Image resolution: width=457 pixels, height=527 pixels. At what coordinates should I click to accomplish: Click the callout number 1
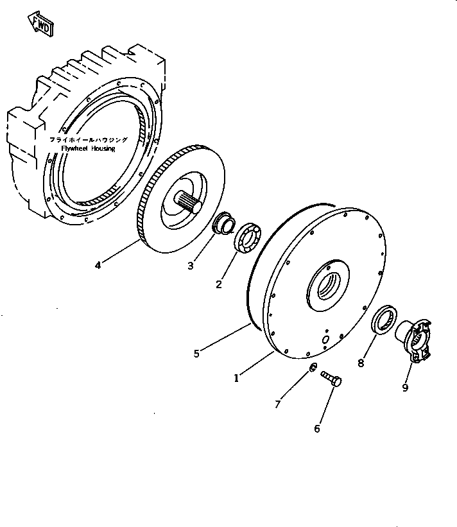click(237, 378)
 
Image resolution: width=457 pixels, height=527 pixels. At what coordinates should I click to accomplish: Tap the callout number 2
click(219, 284)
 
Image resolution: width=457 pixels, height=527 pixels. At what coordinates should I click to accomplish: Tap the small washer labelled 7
click(311, 367)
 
